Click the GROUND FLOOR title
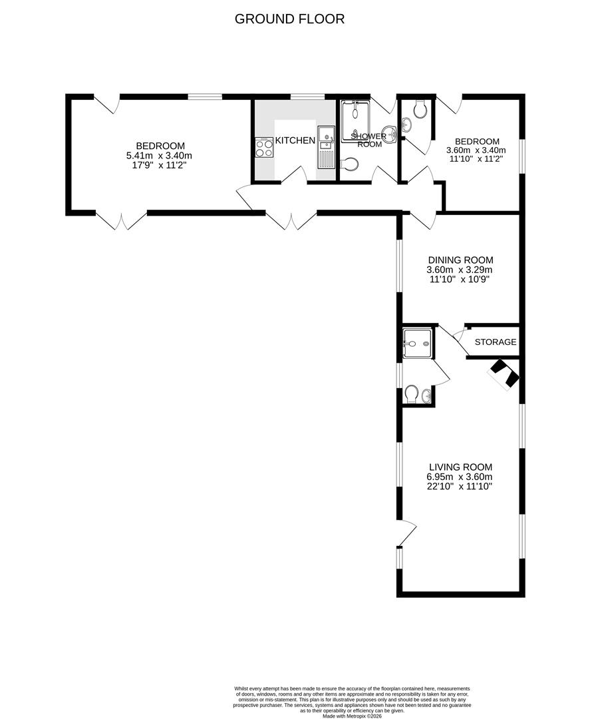click(289, 19)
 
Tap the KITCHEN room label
click(295, 140)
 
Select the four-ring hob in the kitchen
click(264, 147)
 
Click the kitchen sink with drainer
click(326, 148)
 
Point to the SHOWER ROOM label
click(370, 140)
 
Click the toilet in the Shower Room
click(350, 164)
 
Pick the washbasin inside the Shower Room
click(390, 134)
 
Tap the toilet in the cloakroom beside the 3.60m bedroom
click(420, 109)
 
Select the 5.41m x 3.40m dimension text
click(160, 156)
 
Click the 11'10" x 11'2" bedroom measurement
click(472, 160)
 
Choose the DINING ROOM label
click(460, 260)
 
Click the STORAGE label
click(495, 342)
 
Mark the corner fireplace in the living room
click(504, 374)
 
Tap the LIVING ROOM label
click(460, 467)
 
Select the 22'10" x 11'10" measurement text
click(460, 487)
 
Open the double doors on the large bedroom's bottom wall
click(121, 220)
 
